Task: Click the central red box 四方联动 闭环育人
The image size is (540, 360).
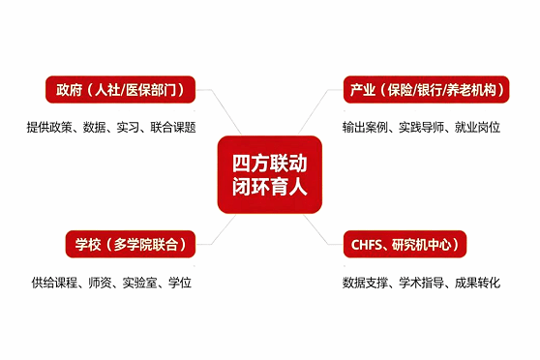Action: click(x=270, y=174)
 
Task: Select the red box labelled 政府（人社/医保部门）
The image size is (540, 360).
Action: click(x=121, y=90)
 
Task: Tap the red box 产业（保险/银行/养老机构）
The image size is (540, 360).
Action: click(x=426, y=90)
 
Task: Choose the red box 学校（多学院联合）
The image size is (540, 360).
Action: click(x=131, y=244)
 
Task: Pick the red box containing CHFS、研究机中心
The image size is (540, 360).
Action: click(x=405, y=244)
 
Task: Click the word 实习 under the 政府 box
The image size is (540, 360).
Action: click(x=128, y=128)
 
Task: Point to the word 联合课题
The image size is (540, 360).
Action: click(x=173, y=128)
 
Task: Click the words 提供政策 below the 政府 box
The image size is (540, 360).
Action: click(x=49, y=128)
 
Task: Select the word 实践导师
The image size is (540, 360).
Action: click(x=421, y=128)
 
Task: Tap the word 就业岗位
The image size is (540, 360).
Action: click(x=477, y=128)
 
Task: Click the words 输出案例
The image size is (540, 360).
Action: click(x=365, y=128)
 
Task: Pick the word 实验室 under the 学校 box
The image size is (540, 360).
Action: click(x=139, y=283)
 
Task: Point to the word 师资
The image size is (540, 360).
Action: click(x=100, y=283)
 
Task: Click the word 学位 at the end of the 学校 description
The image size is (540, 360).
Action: click(x=179, y=283)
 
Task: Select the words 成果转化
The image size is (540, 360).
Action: click(x=477, y=283)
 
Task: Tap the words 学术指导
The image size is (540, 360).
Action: click(x=421, y=283)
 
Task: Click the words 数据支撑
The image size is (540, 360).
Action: click(x=365, y=283)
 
